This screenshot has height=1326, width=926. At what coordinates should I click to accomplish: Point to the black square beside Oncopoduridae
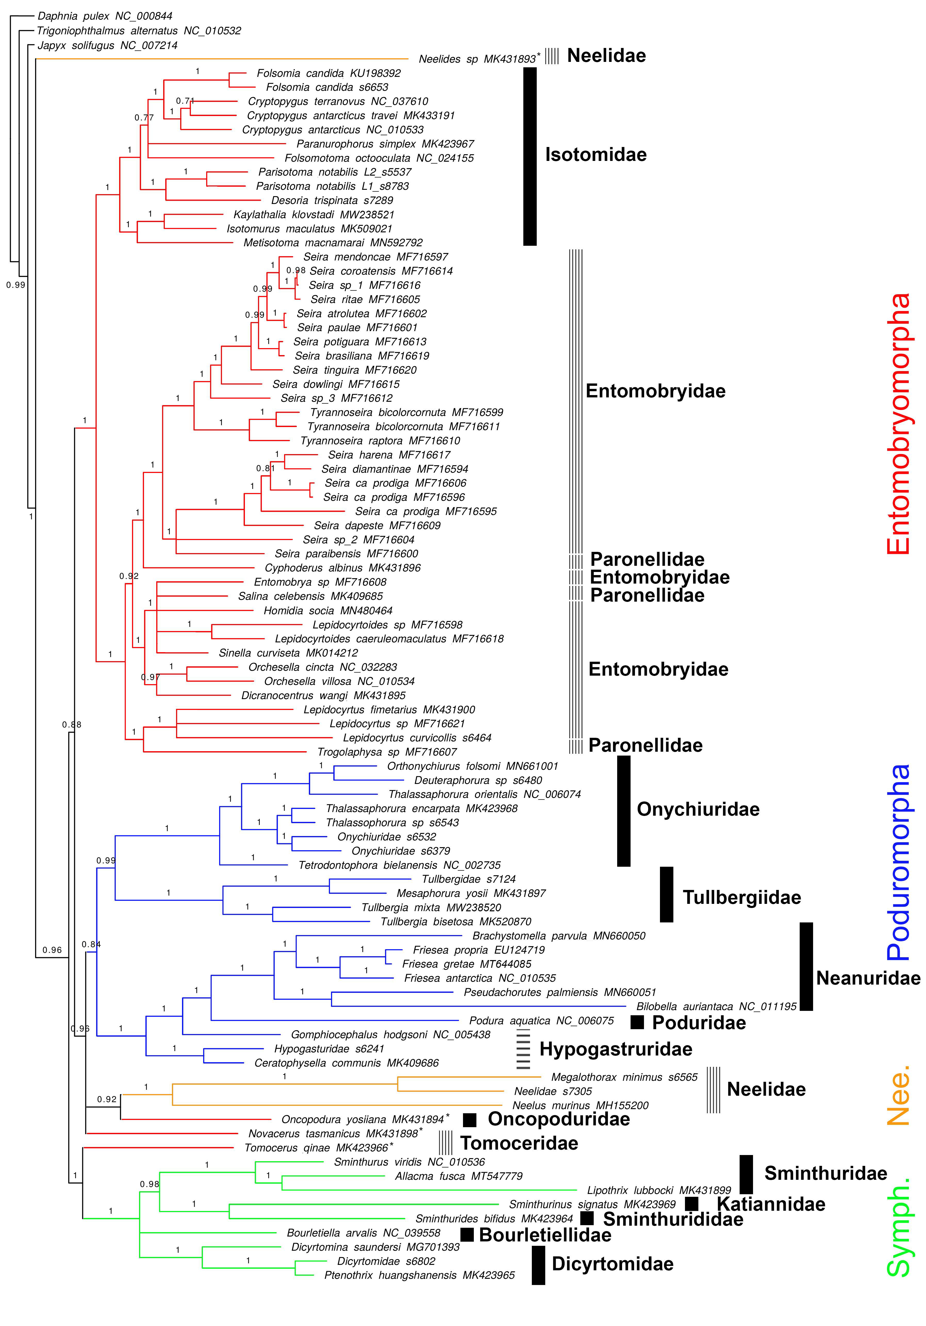click(469, 1120)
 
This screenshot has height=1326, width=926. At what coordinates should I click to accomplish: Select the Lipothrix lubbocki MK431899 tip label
click(659, 1190)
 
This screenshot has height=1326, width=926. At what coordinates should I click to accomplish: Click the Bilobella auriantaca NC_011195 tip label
click(716, 1007)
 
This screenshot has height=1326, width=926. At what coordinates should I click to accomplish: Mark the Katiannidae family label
click(771, 1204)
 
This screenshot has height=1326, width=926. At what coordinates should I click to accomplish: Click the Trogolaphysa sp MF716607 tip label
click(387, 752)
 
